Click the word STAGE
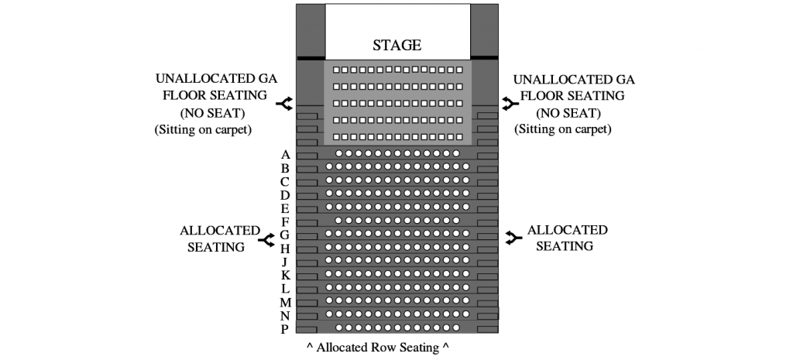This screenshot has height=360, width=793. click(396, 45)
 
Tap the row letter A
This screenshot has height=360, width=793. click(285, 155)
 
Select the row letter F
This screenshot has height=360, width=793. click(285, 221)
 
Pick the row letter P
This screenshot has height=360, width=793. click(285, 329)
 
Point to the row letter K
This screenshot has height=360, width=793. click(285, 275)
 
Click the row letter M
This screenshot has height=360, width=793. click(285, 302)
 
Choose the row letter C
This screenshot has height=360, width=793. click(285, 181)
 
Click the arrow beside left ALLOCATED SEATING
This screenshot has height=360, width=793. click(267, 239)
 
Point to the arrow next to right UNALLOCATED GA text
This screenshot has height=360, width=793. click(509, 103)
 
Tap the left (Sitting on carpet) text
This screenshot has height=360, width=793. click(204, 129)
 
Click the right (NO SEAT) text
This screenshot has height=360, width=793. click(563, 112)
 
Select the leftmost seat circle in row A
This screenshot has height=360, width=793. click(338, 153)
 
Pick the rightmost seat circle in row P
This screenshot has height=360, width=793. click(456, 327)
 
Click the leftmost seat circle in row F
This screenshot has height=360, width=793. click(338, 220)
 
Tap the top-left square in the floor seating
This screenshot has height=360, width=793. click(337, 70)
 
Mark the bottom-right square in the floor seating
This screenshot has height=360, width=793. click(459, 137)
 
